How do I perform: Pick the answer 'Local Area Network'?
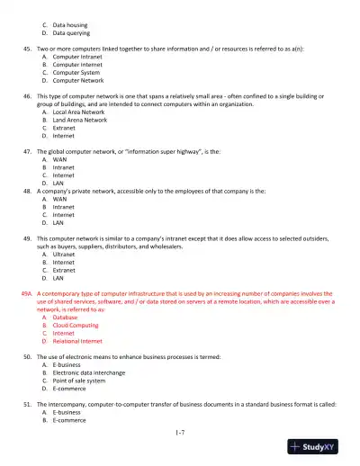(x=85, y=112)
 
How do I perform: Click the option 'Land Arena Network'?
(x=85, y=120)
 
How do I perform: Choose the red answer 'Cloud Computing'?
(x=82, y=326)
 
